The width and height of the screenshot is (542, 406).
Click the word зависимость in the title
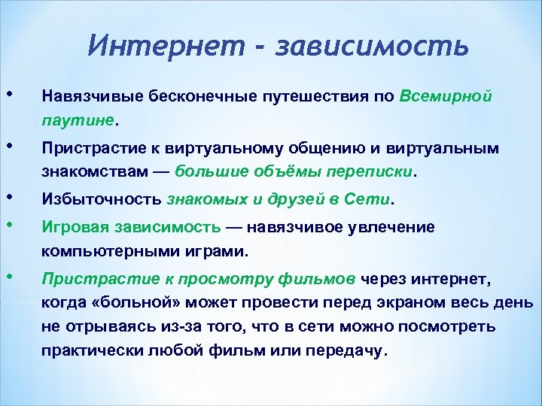point(373,45)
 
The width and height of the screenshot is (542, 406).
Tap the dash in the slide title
point(261,47)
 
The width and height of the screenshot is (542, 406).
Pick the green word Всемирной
point(446,97)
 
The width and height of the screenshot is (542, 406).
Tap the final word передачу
point(349,351)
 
